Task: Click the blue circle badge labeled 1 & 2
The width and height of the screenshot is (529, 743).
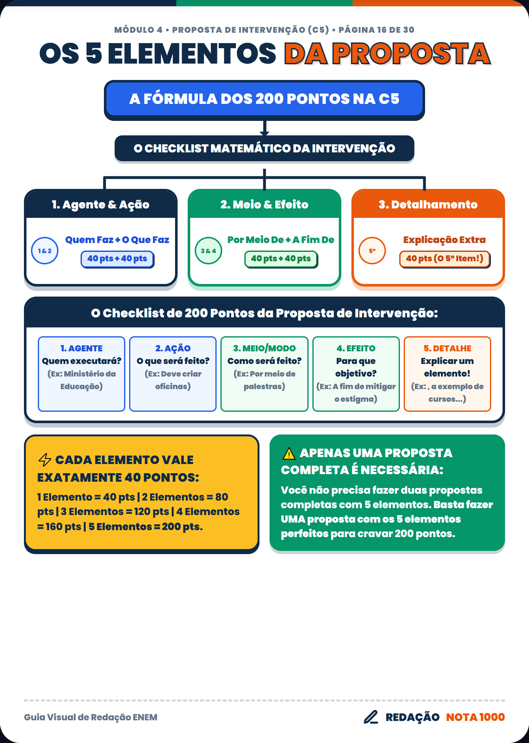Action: coord(45,251)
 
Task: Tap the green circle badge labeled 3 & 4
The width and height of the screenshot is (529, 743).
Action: coord(208,251)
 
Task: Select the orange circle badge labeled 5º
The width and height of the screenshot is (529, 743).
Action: coord(372,251)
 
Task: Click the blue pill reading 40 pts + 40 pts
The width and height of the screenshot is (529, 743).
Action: coord(117,259)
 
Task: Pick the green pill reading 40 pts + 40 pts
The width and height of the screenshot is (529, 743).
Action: coord(281,259)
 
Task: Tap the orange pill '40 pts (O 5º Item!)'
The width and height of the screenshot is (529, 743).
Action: coord(445,259)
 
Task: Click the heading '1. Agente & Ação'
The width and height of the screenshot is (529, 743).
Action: coord(101,204)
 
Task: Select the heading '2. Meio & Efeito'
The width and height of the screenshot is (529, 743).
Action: coord(264,204)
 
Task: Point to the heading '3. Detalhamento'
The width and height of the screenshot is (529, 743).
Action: coord(428,204)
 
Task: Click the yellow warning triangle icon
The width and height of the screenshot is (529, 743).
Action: coord(289,454)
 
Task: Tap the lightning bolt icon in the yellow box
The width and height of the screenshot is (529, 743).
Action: coord(45,460)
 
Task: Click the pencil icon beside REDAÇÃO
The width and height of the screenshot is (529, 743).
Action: coord(371,717)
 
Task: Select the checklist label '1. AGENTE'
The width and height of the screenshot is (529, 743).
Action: coord(82,349)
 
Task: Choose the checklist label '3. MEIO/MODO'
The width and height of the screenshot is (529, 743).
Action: coord(264,349)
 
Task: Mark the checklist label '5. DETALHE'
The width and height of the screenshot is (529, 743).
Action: coord(447,349)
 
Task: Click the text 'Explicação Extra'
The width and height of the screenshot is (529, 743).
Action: coord(444,240)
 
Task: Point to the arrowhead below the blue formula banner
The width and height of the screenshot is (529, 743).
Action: coord(264,133)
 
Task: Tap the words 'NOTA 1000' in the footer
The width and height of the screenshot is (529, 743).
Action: coord(475,717)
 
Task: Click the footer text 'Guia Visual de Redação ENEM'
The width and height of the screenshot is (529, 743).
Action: coord(91,717)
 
